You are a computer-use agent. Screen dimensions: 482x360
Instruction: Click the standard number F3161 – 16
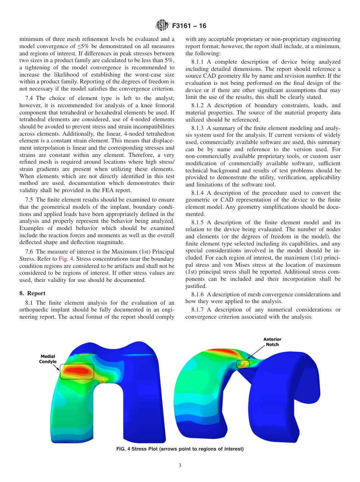(x=189, y=26)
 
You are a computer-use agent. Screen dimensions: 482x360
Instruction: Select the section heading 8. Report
(x=32, y=293)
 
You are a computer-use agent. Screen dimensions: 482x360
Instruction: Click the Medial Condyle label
(x=48, y=359)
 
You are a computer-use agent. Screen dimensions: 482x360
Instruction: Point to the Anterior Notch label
(x=272, y=342)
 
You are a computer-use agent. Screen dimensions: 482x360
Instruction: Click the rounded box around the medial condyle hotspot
(x=77, y=371)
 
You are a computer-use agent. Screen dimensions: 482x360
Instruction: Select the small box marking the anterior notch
(x=243, y=364)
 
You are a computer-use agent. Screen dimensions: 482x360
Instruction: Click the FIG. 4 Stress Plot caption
(x=180, y=449)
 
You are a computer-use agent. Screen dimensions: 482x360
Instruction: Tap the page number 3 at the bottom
(x=180, y=465)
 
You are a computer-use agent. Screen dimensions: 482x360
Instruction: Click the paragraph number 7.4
(x=30, y=98)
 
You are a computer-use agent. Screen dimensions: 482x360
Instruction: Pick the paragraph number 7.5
(x=30, y=199)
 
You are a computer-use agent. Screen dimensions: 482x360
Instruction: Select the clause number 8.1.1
(x=198, y=62)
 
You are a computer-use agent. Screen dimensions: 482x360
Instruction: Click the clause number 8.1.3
(x=198, y=128)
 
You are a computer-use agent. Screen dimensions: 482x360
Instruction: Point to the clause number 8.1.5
(x=198, y=222)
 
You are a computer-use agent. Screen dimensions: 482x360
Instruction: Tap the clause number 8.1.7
(x=198, y=310)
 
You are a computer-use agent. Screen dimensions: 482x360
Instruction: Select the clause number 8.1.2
(x=198, y=105)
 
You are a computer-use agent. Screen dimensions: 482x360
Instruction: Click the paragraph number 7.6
(x=30, y=252)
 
